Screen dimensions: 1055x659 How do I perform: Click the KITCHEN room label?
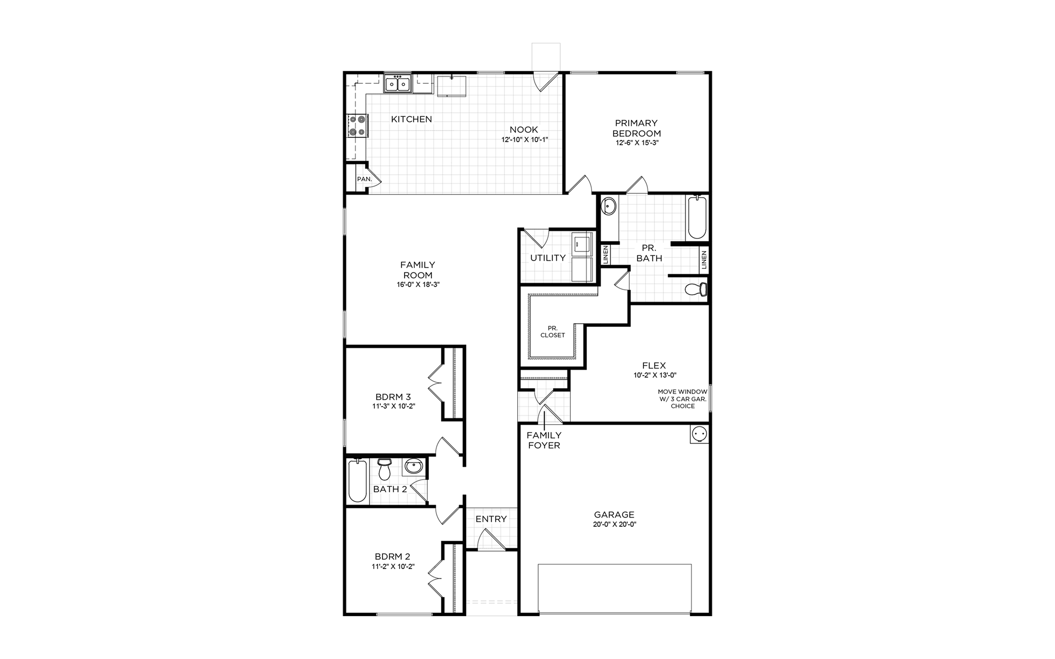(411, 119)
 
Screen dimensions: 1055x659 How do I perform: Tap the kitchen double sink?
(92, 84)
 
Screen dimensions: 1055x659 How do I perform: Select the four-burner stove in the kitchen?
(358, 125)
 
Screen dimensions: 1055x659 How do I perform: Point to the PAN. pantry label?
(364, 179)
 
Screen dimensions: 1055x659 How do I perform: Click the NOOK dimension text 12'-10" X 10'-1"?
(524, 140)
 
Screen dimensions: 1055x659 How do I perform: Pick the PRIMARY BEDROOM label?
(636, 128)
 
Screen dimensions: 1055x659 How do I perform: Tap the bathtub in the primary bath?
(697, 217)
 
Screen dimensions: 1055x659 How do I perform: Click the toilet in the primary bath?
(696, 289)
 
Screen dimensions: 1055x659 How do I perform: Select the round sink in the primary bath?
(609, 206)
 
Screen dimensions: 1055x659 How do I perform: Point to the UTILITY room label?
(548, 258)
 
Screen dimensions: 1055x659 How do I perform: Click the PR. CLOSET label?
(552, 332)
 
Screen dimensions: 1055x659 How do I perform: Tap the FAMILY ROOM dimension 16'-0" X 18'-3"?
(417, 285)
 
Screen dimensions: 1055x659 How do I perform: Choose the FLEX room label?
(654, 365)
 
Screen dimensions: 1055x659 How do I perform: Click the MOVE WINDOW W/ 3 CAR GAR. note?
(683, 399)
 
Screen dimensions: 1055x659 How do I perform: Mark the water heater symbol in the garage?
(699, 435)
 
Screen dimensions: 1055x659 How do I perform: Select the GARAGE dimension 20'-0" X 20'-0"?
(614, 525)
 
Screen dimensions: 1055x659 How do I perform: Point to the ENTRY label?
(491, 519)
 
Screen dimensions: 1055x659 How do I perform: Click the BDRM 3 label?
(393, 397)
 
